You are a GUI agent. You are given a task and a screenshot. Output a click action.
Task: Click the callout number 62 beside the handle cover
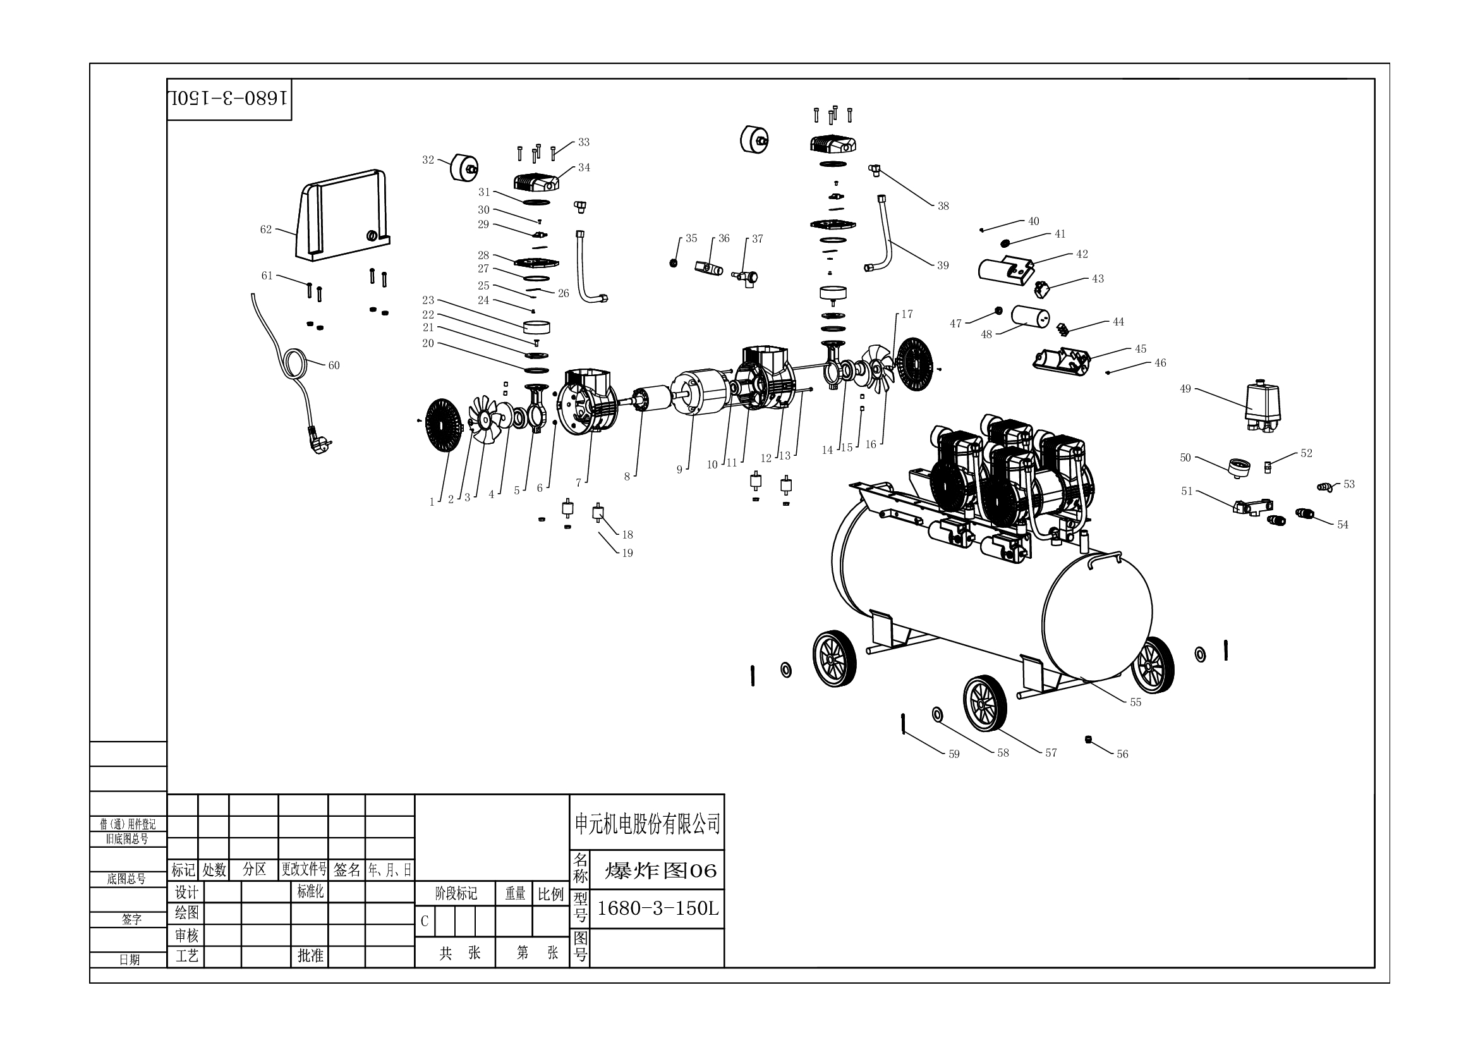[x=266, y=229]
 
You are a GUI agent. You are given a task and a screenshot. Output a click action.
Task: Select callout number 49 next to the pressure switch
[x=1185, y=389]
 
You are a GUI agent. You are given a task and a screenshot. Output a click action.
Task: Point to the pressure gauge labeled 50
[x=1239, y=467]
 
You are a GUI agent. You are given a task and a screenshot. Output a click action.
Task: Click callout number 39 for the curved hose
[x=942, y=266]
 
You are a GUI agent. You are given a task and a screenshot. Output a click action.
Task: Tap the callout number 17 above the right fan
[x=906, y=314]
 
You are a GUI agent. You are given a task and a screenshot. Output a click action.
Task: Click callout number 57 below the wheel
[x=1051, y=753]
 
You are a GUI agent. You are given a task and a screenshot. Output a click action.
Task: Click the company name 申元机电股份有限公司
[x=647, y=824]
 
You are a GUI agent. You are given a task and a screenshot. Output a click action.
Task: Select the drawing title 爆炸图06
[x=660, y=871]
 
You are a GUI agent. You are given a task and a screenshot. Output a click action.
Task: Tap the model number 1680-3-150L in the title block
[x=657, y=908]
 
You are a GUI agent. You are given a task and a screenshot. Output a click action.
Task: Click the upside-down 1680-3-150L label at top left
[x=229, y=99]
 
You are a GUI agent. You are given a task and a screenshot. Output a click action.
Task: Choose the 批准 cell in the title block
[x=310, y=955]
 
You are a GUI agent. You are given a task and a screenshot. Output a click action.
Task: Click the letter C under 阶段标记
[x=424, y=921]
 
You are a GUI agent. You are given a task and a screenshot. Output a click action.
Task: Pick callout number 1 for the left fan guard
[x=432, y=502]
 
